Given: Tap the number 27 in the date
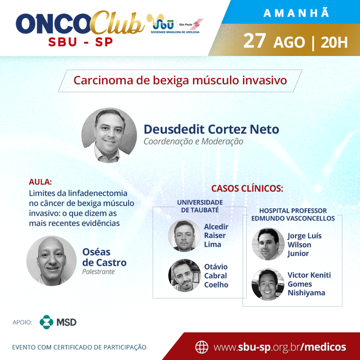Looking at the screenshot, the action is click(255, 41).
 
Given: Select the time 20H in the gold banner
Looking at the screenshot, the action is click(334, 42).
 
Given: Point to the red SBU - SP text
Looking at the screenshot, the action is click(81, 42).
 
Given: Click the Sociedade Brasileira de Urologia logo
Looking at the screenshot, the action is click(175, 24).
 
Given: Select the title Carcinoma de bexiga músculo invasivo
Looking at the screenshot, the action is click(180, 81).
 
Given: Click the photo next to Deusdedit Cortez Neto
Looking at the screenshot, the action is click(109, 135).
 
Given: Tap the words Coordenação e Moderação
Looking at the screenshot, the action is click(193, 141).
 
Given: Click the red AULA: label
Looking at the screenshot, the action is click(40, 182).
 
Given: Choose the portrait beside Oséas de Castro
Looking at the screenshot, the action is click(51, 261).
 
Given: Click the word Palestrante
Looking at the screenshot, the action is click(98, 272).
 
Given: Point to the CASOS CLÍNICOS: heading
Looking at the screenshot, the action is click(247, 188).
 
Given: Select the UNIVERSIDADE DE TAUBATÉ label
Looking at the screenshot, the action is click(200, 206).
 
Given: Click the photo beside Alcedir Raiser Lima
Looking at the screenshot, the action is click(184, 236).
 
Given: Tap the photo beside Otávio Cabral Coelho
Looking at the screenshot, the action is click(184, 275).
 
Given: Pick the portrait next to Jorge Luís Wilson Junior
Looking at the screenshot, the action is click(268, 244).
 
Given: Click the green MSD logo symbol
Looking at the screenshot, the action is click(46, 322).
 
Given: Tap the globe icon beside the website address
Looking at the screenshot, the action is click(201, 347).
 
